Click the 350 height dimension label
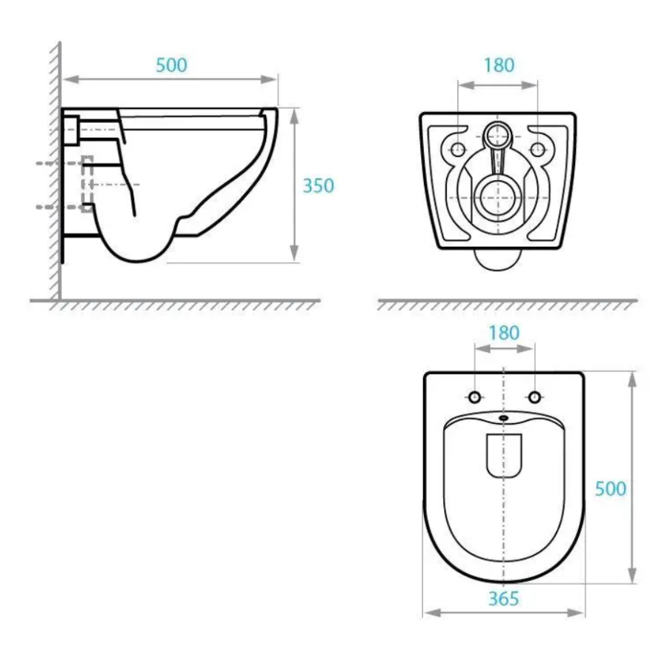318,186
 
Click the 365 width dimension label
504,599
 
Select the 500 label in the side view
171,65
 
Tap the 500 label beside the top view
611,489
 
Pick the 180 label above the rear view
499,65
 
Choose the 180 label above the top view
504,333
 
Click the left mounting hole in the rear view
458,149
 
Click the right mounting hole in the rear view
538,149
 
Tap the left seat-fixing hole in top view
475,397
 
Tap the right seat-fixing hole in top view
534,397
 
